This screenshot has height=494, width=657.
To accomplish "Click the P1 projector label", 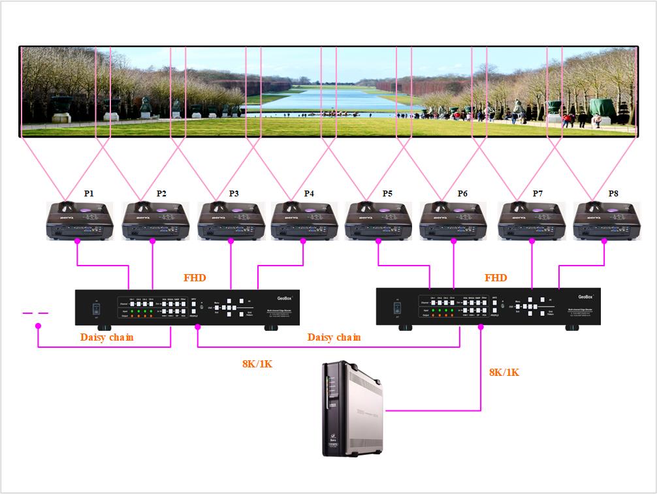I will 89,194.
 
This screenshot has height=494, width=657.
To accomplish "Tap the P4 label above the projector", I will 309,194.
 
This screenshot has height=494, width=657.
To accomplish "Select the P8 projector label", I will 613,194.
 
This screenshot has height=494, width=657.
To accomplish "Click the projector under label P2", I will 155,220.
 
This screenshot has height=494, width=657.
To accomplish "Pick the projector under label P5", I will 378,220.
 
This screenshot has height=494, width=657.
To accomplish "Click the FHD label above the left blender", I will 195,278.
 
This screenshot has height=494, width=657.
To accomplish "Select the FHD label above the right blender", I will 496,278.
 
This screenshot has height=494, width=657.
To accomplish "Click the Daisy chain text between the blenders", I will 334,337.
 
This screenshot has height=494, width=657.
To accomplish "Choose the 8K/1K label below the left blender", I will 257,363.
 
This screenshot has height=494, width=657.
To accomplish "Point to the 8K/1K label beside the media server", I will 504,372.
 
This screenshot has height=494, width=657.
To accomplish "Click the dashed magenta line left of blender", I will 36,314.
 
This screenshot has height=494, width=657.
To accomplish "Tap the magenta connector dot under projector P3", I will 231,241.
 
